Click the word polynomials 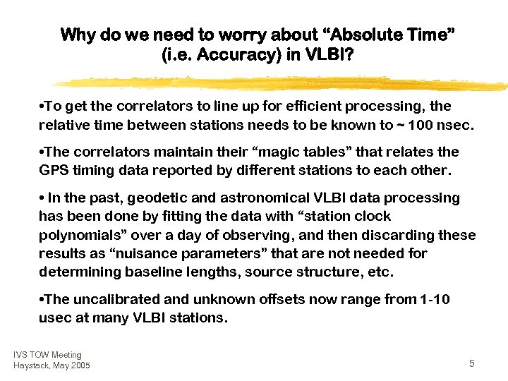pos(80,235)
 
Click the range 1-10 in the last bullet pos(432,299)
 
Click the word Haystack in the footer pos(30,365)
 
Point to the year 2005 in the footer pos(80,365)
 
